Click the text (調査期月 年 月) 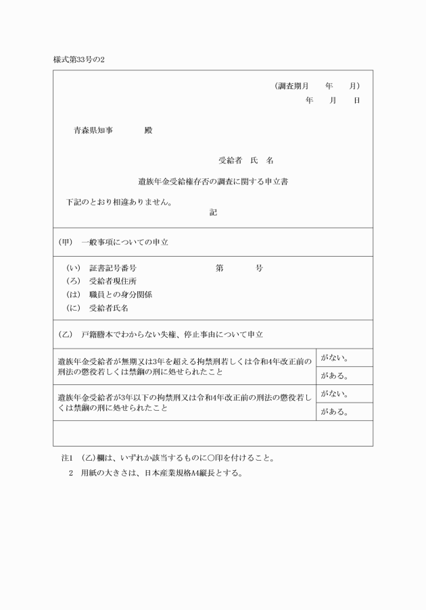pyautogui.click(x=317, y=86)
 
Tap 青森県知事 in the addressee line pyautogui.click(x=93, y=130)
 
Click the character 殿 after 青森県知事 pyautogui.click(x=148, y=130)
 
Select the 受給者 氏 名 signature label pyautogui.click(x=245, y=161)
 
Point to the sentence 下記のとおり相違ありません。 pyautogui.click(x=119, y=201)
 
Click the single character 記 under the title pyautogui.click(x=213, y=212)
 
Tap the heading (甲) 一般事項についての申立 pyautogui.click(x=114, y=242)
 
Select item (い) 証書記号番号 pyautogui.click(x=101, y=268)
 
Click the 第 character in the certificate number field pyautogui.click(x=220, y=268)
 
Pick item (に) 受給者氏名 pyautogui.click(x=97, y=308)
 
